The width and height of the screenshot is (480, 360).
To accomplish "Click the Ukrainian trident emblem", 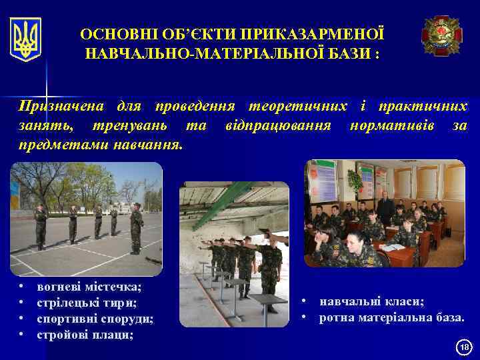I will coord(26,39).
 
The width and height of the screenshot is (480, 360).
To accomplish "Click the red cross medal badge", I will coord(441,35).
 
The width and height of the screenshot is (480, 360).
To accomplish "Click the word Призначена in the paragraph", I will coord(60,107).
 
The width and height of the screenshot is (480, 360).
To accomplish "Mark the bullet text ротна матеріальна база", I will coord(391,318).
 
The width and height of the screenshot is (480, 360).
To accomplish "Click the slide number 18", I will coord(464,346).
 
